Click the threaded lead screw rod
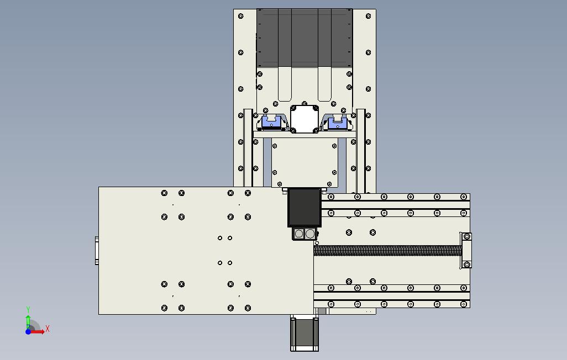tap(387, 251)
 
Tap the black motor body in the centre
tap(305, 207)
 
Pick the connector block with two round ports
tap(305, 234)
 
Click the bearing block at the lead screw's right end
tap(466, 250)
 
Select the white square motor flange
tap(305, 118)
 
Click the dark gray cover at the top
tap(304, 38)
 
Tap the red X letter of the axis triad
tap(48, 329)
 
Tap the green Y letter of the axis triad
tap(28, 310)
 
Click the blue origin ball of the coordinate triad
tap(28, 331)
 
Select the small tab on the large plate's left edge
tap(97, 251)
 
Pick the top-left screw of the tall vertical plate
tap(240, 17)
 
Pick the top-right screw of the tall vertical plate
tap(369, 17)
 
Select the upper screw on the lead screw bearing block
tap(468, 236)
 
